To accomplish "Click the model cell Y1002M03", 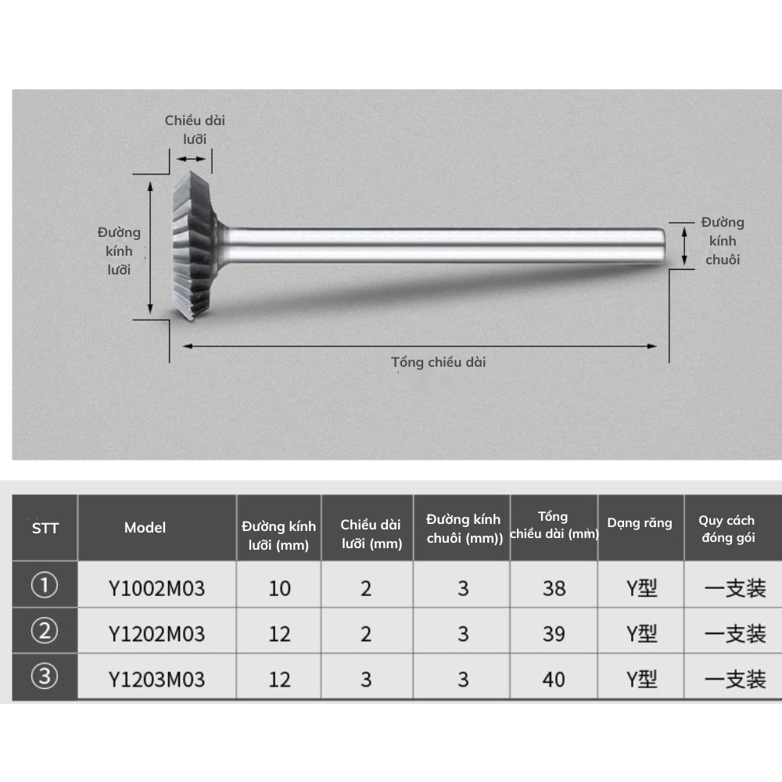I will click(x=156, y=587).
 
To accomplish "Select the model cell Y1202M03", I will click(x=156, y=633).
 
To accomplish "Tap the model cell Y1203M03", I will click(x=156, y=679).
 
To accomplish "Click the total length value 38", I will click(x=554, y=587).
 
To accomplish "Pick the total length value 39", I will click(x=554, y=633).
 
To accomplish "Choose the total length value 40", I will click(x=554, y=679).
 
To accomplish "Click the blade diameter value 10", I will click(x=279, y=587).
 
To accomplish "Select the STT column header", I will click(x=45, y=528).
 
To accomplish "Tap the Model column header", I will click(x=145, y=528).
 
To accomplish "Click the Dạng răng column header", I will click(x=640, y=523).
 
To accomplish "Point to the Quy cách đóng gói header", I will click(x=727, y=529).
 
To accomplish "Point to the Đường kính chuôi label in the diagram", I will click(x=723, y=241).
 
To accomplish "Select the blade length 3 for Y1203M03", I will click(x=366, y=679).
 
